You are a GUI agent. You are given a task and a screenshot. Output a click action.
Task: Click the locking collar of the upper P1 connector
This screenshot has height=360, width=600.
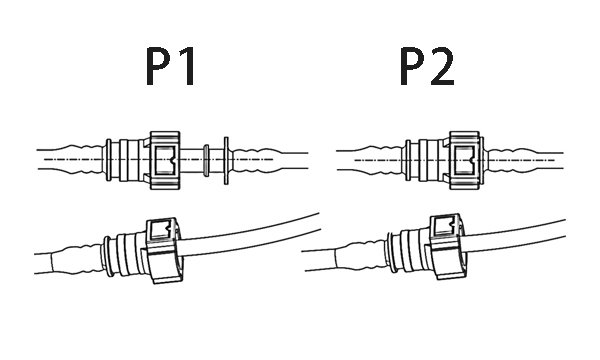(x=164, y=159)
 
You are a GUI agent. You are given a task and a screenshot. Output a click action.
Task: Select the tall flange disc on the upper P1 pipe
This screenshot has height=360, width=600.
(x=227, y=159)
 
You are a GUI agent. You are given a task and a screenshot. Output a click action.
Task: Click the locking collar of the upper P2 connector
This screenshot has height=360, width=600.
(x=463, y=159)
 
